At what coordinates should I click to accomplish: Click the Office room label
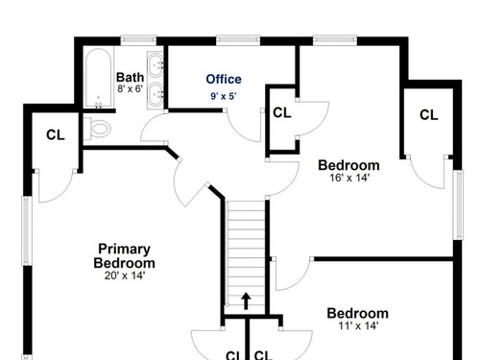coord(224,79)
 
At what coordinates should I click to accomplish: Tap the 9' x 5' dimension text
coord(224,96)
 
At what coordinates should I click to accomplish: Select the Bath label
coord(130,77)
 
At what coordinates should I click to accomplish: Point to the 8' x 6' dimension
coord(130,88)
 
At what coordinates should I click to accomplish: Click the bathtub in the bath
coord(99,78)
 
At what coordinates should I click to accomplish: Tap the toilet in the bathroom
coord(97,129)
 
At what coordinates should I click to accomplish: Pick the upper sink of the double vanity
coord(156,64)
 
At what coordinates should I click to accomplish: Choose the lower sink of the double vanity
coord(156,95)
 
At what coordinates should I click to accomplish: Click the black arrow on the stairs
coord(246,300)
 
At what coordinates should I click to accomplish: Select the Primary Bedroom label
coord(124,255)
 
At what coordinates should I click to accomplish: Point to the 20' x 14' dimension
coord(125,276)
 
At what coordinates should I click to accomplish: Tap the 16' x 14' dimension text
coord(349,178)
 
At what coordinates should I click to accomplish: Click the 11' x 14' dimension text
coord(358,325)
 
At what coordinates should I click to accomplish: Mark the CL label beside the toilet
coord(56,135)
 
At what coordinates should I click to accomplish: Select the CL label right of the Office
coord(282,112)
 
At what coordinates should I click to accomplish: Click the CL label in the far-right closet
coord(428,115)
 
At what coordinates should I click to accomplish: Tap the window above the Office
coord(238,39)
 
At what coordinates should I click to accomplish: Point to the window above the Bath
coord(138,39)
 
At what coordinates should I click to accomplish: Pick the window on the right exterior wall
coord(458,204)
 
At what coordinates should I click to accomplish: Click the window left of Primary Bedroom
coord(27,230)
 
